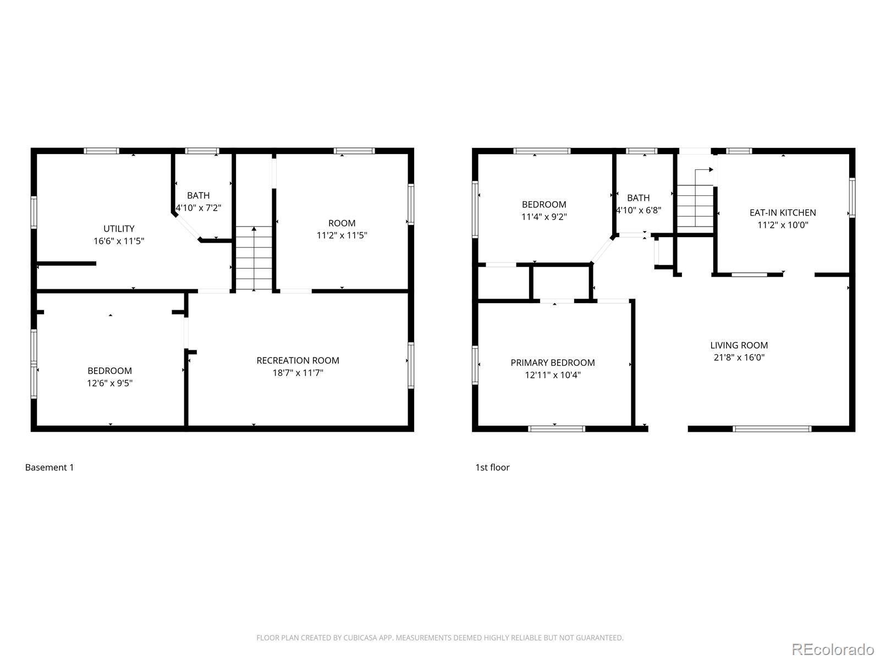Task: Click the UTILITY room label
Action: click(x=119, y=228)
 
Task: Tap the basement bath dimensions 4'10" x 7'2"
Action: click(x=198, y=208)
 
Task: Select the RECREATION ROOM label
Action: click(x=298, y=360)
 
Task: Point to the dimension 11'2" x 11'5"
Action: click(x=342, y=235)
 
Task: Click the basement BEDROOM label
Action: click(x=109, y=371)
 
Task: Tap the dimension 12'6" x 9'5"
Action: click(x=109, y=383)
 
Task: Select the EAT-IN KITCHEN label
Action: click(x=782, y=212)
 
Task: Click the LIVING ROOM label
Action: click(x=739, y=345)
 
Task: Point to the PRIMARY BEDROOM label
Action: click(x=552, y=362)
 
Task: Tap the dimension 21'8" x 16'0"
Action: click(x=739, y=358)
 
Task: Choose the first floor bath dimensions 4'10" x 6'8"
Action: click(x=638, y=210)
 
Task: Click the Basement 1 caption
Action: click(x=49, y=468)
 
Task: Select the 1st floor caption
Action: click(x=492, y=468)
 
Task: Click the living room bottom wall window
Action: click(x=772, y=428)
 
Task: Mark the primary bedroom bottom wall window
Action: click(x=556, y=428)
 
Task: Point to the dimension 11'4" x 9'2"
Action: click(x=543, y=217)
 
